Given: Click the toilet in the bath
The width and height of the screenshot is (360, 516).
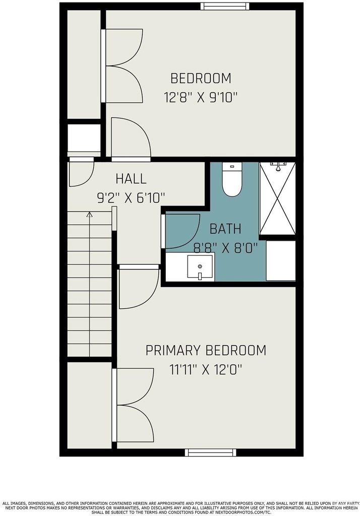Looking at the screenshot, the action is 232,179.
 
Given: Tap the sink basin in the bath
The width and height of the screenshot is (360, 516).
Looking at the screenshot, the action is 200,267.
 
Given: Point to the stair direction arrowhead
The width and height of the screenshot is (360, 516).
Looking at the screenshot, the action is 89,215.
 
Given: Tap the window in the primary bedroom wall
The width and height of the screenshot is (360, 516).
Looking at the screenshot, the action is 210,452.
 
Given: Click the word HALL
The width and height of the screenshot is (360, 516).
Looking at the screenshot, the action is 131,179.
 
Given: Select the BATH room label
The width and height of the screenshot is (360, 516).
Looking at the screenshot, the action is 225,229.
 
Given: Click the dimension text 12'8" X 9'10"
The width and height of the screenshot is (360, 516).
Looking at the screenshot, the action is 201,98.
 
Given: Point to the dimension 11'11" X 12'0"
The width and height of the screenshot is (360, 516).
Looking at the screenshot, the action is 206,369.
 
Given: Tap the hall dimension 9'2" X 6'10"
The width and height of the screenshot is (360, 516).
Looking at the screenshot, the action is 131,198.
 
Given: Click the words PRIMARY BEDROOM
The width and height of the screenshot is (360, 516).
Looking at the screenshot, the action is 206,350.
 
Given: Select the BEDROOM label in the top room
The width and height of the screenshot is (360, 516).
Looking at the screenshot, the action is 201,78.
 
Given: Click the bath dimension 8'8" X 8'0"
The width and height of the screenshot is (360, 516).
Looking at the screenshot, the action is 225,248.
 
